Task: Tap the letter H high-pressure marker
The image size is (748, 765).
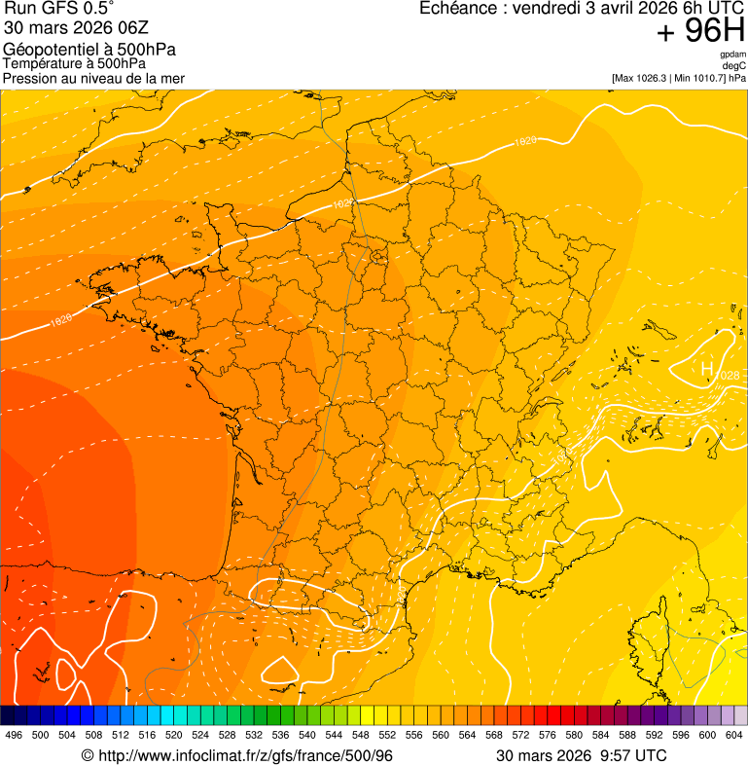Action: pos(707,369)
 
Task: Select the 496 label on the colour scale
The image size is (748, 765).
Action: pos(14,735)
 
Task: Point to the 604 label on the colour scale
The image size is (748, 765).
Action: pos(734,735)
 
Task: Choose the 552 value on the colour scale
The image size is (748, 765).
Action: pos(387,735)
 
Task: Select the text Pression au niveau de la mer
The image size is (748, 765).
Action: pos(93,78)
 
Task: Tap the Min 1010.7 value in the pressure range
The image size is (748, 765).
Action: pos(700,78)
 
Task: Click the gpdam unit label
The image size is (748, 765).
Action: pos(732,55)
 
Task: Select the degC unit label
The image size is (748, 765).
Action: pos(734,65)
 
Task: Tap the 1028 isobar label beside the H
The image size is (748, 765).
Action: pos(727,376)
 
